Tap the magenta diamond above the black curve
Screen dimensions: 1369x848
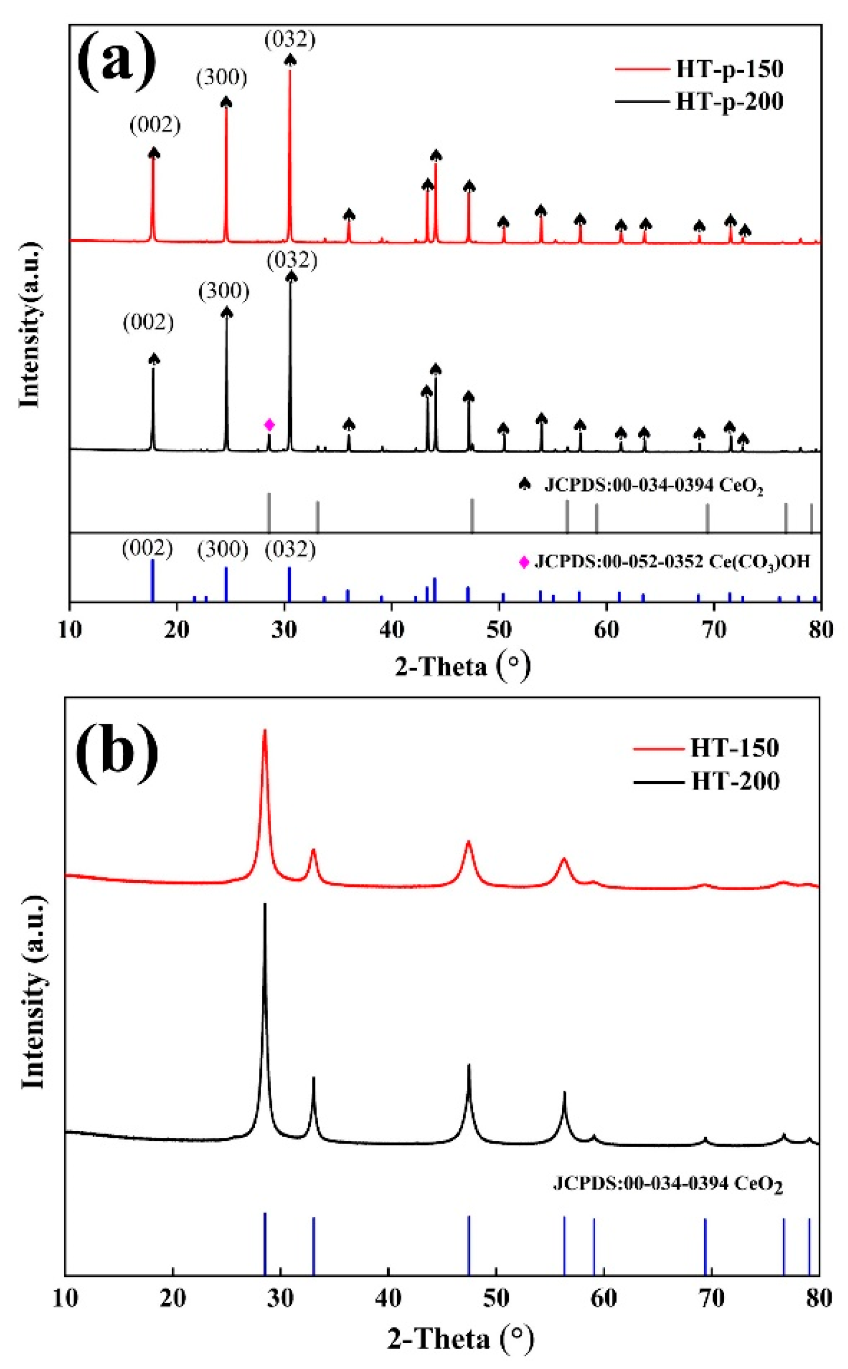click(269, 425)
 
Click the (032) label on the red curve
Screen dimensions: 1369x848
click(290, 40)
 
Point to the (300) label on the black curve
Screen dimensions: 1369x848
click(224, 291)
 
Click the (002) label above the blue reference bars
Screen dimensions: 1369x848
click(147, 549)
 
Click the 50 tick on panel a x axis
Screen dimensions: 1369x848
click(499, 630)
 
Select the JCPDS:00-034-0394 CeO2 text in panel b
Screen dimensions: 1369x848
click(667, 1184)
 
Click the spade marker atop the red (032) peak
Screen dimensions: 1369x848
click(290, 60)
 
